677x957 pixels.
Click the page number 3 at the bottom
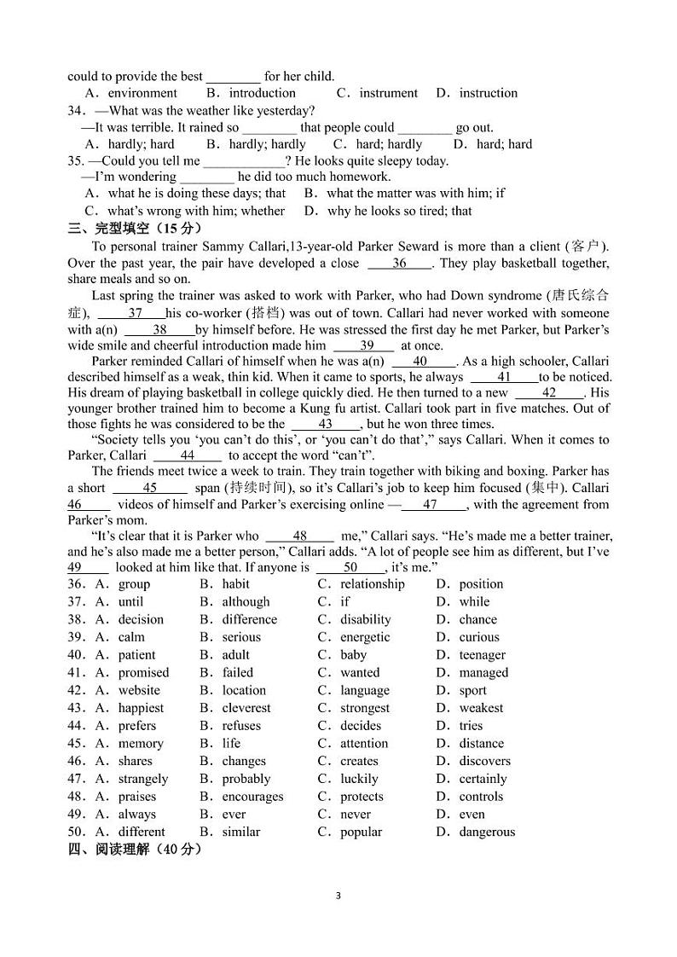[x=338, y=896]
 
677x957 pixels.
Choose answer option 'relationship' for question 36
[x=372, y=584]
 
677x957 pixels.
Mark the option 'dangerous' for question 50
[x=487, y=832]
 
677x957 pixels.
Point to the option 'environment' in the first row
[x=142, y=93]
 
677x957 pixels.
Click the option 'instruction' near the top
[x=488, y=93]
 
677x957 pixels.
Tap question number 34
[x=77, y=111]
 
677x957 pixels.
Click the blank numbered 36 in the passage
[x=399, y=264]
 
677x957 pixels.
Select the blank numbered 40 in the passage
[x=420, y=361]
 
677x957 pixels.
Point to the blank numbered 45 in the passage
[x=150, y=488]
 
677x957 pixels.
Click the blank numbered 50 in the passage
[x=350, y=567]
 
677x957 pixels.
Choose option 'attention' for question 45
[x=364, y=744]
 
